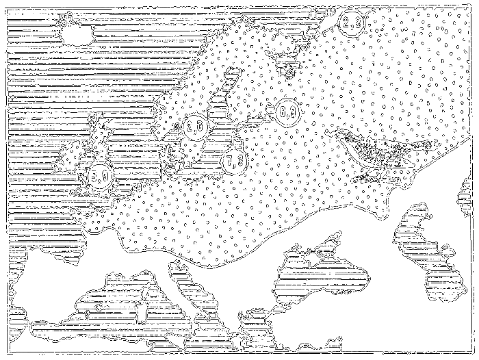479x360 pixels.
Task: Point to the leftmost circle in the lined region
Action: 72,157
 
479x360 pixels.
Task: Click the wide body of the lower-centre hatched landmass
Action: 322,277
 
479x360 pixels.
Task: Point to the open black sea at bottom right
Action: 383,329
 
